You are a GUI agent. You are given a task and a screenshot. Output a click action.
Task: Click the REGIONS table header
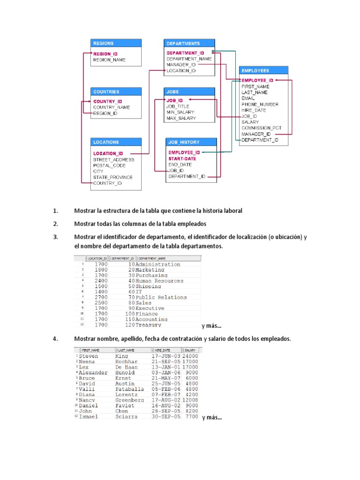(116, 43)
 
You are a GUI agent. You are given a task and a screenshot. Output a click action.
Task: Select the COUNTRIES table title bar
(116, 92)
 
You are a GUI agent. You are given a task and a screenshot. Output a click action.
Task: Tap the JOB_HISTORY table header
(191, 142)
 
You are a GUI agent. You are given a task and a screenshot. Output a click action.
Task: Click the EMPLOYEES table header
(263, 71)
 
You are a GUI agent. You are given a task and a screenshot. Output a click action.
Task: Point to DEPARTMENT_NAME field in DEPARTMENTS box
(189, 59)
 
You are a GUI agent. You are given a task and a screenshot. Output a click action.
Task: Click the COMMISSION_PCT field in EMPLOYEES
(262, 128)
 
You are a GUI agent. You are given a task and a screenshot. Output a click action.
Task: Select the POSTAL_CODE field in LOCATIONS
(109, 165)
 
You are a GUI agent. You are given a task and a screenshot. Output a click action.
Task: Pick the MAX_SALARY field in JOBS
(181, 119)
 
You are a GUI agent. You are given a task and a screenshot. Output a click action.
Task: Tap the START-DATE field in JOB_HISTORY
(182, 158)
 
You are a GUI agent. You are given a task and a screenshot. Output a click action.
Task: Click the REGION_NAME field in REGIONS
(109, 60)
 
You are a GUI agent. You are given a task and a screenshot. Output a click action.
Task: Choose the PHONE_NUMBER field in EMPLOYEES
(260, 105)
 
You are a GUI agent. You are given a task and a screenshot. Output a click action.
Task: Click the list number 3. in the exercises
(55, 237)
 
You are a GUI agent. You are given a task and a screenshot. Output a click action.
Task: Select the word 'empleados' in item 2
(193, 224)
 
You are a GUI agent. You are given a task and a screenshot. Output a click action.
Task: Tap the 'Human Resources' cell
(159, 281)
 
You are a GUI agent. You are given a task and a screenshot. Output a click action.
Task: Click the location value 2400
(101, 281)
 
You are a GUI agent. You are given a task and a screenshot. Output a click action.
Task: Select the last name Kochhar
(126, 362)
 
